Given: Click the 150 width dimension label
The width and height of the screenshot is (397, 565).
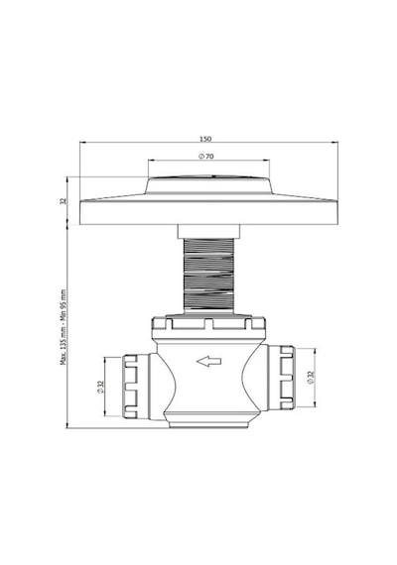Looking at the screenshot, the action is [205, 139].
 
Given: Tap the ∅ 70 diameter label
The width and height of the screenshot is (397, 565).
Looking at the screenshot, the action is [206, 157].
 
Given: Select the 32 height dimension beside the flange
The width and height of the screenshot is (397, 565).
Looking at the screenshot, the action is [64, 200].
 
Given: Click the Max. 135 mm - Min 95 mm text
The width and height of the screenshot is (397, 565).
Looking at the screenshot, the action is [64, 327].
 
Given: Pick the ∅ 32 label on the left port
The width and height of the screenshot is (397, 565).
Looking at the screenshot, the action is [100, 387].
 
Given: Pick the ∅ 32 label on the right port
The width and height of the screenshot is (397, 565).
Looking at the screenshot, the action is [312, 377].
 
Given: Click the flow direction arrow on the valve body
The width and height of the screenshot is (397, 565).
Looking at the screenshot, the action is [208, 361].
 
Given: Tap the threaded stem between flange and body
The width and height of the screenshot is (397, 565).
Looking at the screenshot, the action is [208, 276].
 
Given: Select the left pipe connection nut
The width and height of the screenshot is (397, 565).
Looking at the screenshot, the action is [130, 387].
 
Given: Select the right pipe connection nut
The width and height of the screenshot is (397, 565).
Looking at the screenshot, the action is [287, 378].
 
